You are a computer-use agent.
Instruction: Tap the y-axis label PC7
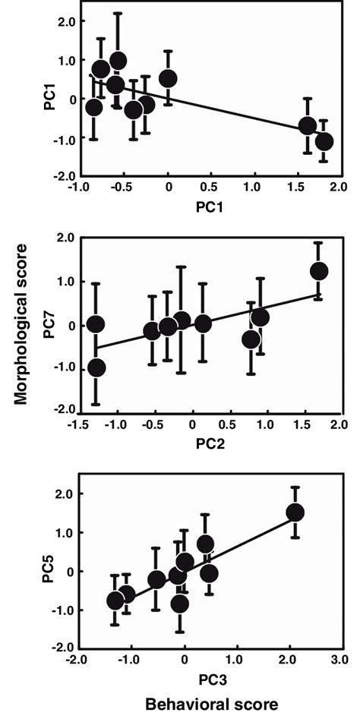50,326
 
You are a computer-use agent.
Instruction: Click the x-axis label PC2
207,440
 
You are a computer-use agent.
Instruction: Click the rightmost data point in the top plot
324,141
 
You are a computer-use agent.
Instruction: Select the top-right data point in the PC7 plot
319,271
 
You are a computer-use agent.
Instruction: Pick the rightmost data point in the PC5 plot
295,512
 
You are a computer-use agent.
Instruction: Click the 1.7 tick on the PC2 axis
319,423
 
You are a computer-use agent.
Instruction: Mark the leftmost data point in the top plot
93,107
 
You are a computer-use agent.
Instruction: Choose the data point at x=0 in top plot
168,78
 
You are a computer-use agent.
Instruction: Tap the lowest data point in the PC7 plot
96,367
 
